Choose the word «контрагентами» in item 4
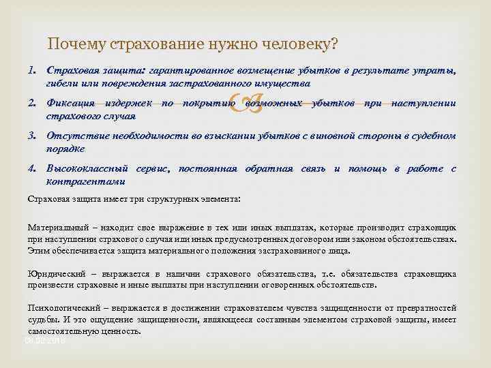coord(85,181)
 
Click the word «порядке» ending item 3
coord(65,149)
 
